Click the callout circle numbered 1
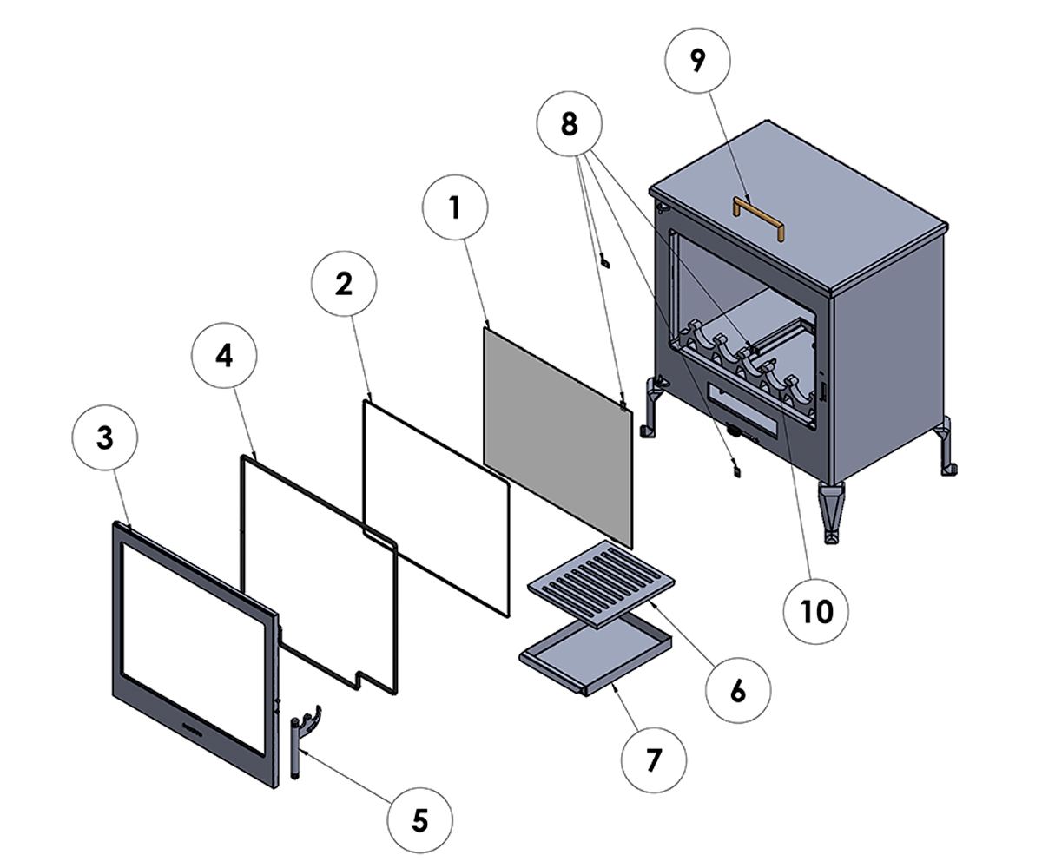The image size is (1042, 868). [454, 208]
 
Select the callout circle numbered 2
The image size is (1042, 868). [344, 283]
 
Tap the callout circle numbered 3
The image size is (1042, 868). [104, 437]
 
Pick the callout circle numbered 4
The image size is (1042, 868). [224, 356]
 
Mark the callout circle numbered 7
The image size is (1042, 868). [653, 759]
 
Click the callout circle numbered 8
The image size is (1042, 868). [569, 123]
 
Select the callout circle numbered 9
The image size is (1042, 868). [697, 60]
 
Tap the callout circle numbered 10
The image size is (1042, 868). [815, 611]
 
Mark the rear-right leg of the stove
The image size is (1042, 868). [946, 445]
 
